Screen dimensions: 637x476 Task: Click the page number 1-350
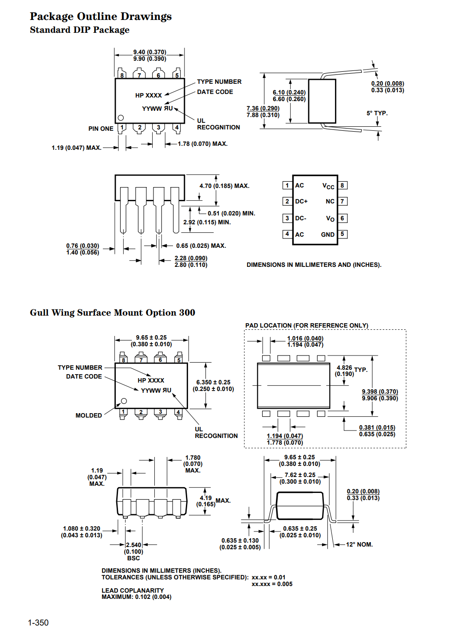point(38,623)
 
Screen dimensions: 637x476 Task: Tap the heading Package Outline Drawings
point(101,16)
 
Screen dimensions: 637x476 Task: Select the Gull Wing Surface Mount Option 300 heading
point(112,313)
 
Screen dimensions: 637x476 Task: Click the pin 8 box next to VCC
point(342,185)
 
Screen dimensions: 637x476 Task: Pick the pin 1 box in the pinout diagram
point(287,185)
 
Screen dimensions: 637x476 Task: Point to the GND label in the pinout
point(328,234)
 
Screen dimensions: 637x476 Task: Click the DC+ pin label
point(301,201)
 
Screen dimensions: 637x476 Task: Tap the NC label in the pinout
point(330,201)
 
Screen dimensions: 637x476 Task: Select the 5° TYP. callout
point(377,113)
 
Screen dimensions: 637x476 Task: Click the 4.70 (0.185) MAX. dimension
point(224,186)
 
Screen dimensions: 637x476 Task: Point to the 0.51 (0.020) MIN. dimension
point(231,213)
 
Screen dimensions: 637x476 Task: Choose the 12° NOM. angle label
point(359,544)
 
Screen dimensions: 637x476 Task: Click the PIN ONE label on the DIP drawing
point(101,129)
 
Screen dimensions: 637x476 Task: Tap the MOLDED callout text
point(89,415)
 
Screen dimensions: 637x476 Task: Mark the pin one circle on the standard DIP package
point(121,118)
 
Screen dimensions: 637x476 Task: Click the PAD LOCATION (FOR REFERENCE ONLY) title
point(307,325)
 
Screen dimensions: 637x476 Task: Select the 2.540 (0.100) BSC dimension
point(134,551)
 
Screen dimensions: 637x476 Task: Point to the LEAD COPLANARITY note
point(133,590)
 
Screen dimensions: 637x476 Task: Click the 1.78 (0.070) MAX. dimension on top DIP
point(203,144)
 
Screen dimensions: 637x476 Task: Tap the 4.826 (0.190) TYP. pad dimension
point(350,371)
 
